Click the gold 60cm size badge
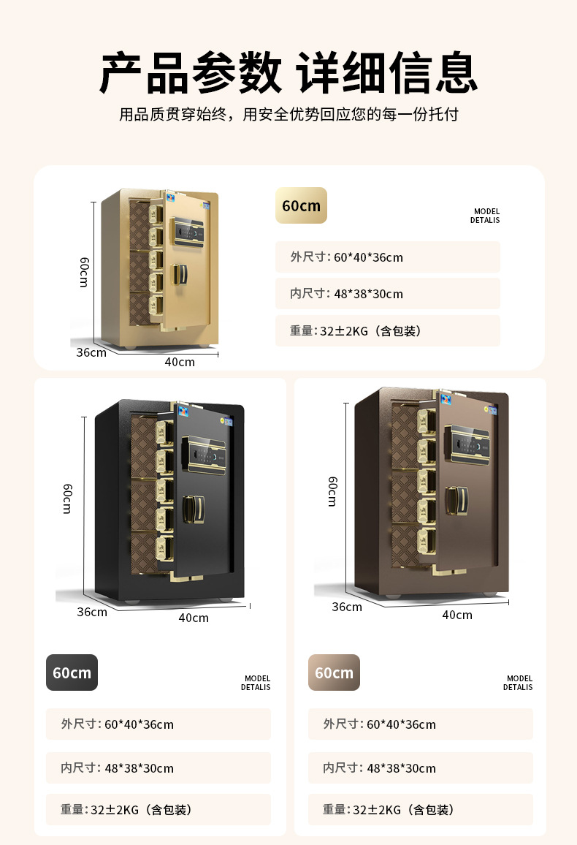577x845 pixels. click(301, 205)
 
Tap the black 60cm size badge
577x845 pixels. click(72, 672)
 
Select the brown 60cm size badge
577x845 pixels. click(334, 672)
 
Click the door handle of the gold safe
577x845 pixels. click(179, 275)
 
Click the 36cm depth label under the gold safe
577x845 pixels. click(91, 352)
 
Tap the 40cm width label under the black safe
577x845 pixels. click(194, 618)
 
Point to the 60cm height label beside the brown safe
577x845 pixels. click(332, 491)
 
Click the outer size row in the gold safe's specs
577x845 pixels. click(388, 257)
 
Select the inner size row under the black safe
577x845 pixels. click(158, 768)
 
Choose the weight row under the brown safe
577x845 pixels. click(420, 810)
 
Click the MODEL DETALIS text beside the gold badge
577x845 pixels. click(485, 216)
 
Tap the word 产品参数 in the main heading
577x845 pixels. click(191, 73)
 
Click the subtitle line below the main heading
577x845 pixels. click(288, 115)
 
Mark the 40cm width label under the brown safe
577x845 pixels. click(456, 615)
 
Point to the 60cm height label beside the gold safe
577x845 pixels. click(84, 272)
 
